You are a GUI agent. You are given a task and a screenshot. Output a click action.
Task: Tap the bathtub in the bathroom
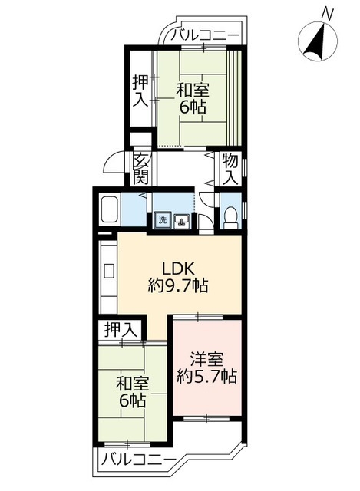pyautogui.click(x=109, y=209)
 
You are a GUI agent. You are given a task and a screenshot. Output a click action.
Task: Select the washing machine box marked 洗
pyautogui.click(x=162, y=220)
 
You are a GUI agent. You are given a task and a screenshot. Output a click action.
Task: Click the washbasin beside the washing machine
pyautogui.click(x=182, y=220)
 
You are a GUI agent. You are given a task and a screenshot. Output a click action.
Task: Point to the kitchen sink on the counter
pyautogui.click(x=109, y=271)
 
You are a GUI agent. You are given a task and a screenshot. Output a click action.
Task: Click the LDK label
pyautogui.click(x=178, y=269)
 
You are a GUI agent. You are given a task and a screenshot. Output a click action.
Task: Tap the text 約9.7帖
pyautogui.click(x=178, y=285)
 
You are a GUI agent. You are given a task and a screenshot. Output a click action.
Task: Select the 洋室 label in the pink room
pyautogui.click(x=207, y=360)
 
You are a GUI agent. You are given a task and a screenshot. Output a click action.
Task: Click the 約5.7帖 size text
pyautogui.click(x=206, y=376)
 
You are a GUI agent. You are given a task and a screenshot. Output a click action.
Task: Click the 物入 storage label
pyautogui.click(x=230, y=170)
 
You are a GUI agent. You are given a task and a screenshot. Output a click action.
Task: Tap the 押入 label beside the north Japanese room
pyautogui.click(x=140, y=91)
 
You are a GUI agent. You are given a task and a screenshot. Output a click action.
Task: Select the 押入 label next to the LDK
pyautogui.click(x=121, y=330)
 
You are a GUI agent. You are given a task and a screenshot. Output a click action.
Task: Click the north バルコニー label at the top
pyautogui.click(x=205, y=34)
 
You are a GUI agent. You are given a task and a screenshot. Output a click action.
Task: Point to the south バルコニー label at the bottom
pyautogui.click(x=137, y=461)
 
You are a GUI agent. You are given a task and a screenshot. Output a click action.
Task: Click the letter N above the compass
pyautogui.click(x=327, y=14)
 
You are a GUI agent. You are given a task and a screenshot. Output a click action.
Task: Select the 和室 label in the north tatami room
pyautogui.click(x=193, y=91)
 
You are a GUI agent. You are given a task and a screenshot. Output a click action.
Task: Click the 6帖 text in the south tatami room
pyautogui.click(x=132, y=400)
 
